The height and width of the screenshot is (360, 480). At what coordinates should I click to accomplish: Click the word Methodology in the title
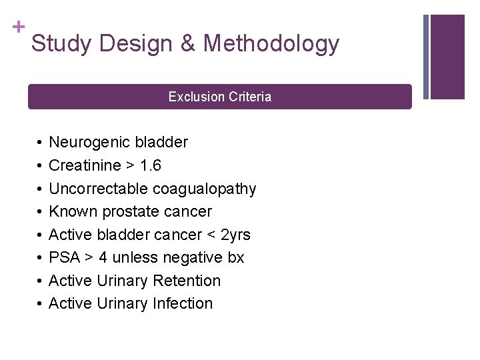tap(271, 44)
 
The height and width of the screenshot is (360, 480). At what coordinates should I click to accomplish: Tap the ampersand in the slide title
tap(187, 44)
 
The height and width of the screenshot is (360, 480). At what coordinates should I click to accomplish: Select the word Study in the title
tap(59, 44)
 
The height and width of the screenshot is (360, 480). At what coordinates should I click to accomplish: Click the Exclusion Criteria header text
tap(220, 97)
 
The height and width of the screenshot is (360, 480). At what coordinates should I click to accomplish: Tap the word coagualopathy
tap(205, 189)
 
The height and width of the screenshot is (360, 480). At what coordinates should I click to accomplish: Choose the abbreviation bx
tap(236, 257)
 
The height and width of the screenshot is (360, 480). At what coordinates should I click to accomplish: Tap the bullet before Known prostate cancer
tap(40, 212)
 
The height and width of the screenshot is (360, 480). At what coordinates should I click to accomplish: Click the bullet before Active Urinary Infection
tap(40, 304)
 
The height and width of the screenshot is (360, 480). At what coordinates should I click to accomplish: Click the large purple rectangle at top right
tap(447, 57)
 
